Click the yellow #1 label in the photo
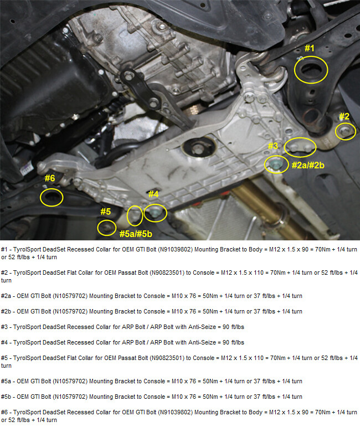pos(309,48)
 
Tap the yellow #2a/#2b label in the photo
pos(308,166)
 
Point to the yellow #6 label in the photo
pos(50,178)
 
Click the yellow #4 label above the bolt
pos(153,194)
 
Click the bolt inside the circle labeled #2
pos(346,131)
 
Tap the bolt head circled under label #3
pos(276,164)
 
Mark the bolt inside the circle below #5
pos(106,227)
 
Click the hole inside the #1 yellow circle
pos(311,71)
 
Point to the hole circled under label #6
pos(52,198)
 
